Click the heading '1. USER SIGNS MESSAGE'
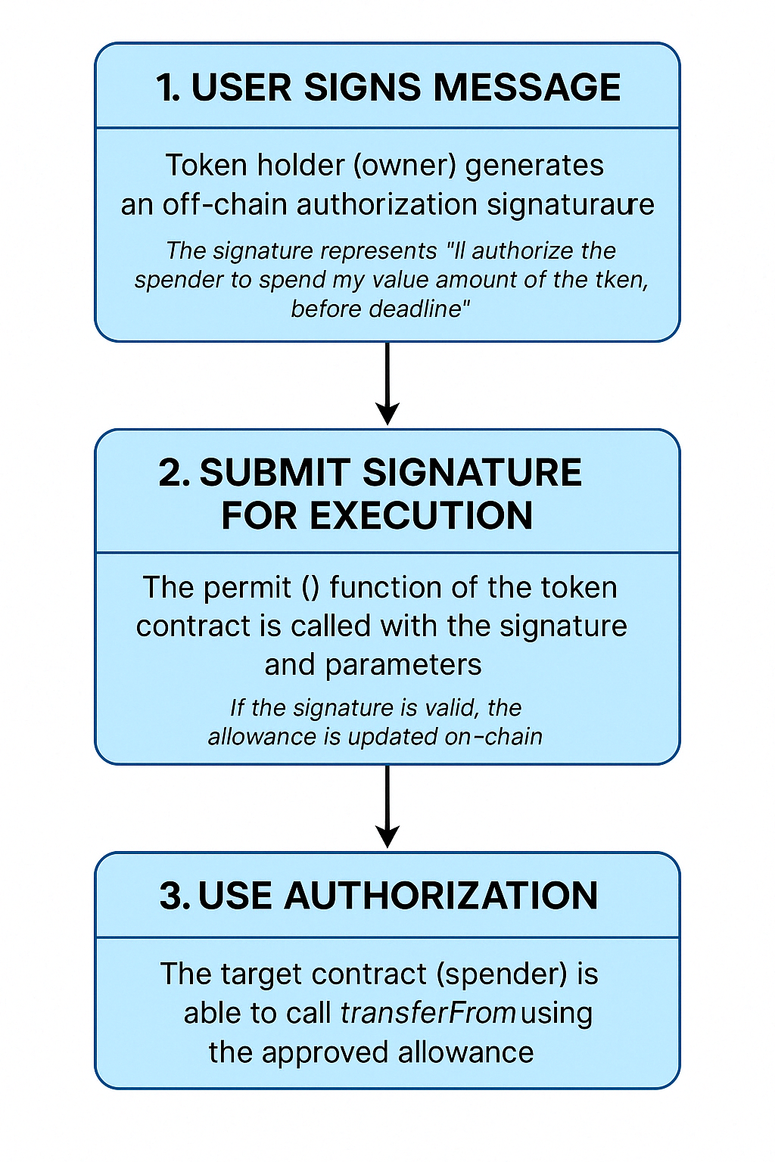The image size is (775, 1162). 387,87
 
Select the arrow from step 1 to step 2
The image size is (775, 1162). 387,383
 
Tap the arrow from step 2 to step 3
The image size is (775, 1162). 387,806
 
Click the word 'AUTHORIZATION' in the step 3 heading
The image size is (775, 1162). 440,896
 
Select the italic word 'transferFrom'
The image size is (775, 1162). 428,1013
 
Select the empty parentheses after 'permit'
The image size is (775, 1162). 310,588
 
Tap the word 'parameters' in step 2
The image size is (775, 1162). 403,665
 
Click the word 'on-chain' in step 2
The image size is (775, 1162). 493,737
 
